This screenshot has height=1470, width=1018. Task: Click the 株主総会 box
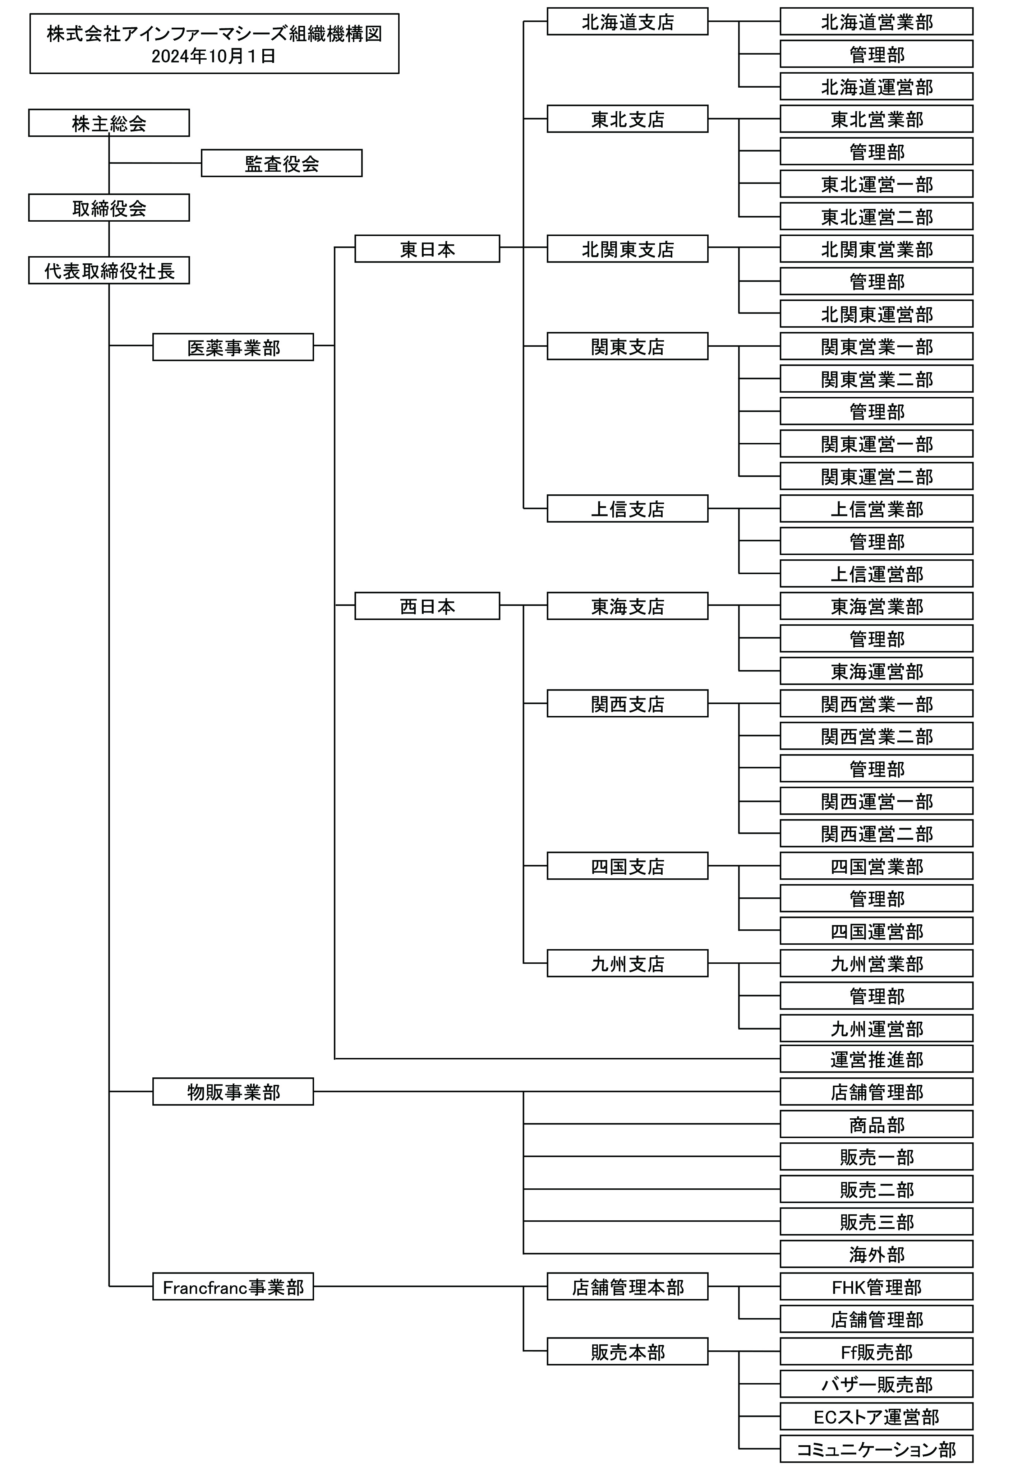pyautogui.click(x=109, y=123)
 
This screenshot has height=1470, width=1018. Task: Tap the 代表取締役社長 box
pyautogui.click(x=109, y=271)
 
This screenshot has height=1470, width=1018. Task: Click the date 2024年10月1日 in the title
pyautogui.click(x=214, y=56)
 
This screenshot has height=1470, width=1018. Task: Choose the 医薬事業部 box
pyautogui.click(x=234, y=347)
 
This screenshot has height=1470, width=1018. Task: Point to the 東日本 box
pyautogui.click(x=427, y=249)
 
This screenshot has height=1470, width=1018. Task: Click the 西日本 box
pyautogui.click(x=427, y=606)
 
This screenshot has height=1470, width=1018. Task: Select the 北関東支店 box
pyautogui.click(x=628, y=249)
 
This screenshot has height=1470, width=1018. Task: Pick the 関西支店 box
pyautogui.click(x=628, y=703)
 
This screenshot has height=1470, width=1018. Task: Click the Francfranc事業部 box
pyautogui.click(x=234, y=1286)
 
